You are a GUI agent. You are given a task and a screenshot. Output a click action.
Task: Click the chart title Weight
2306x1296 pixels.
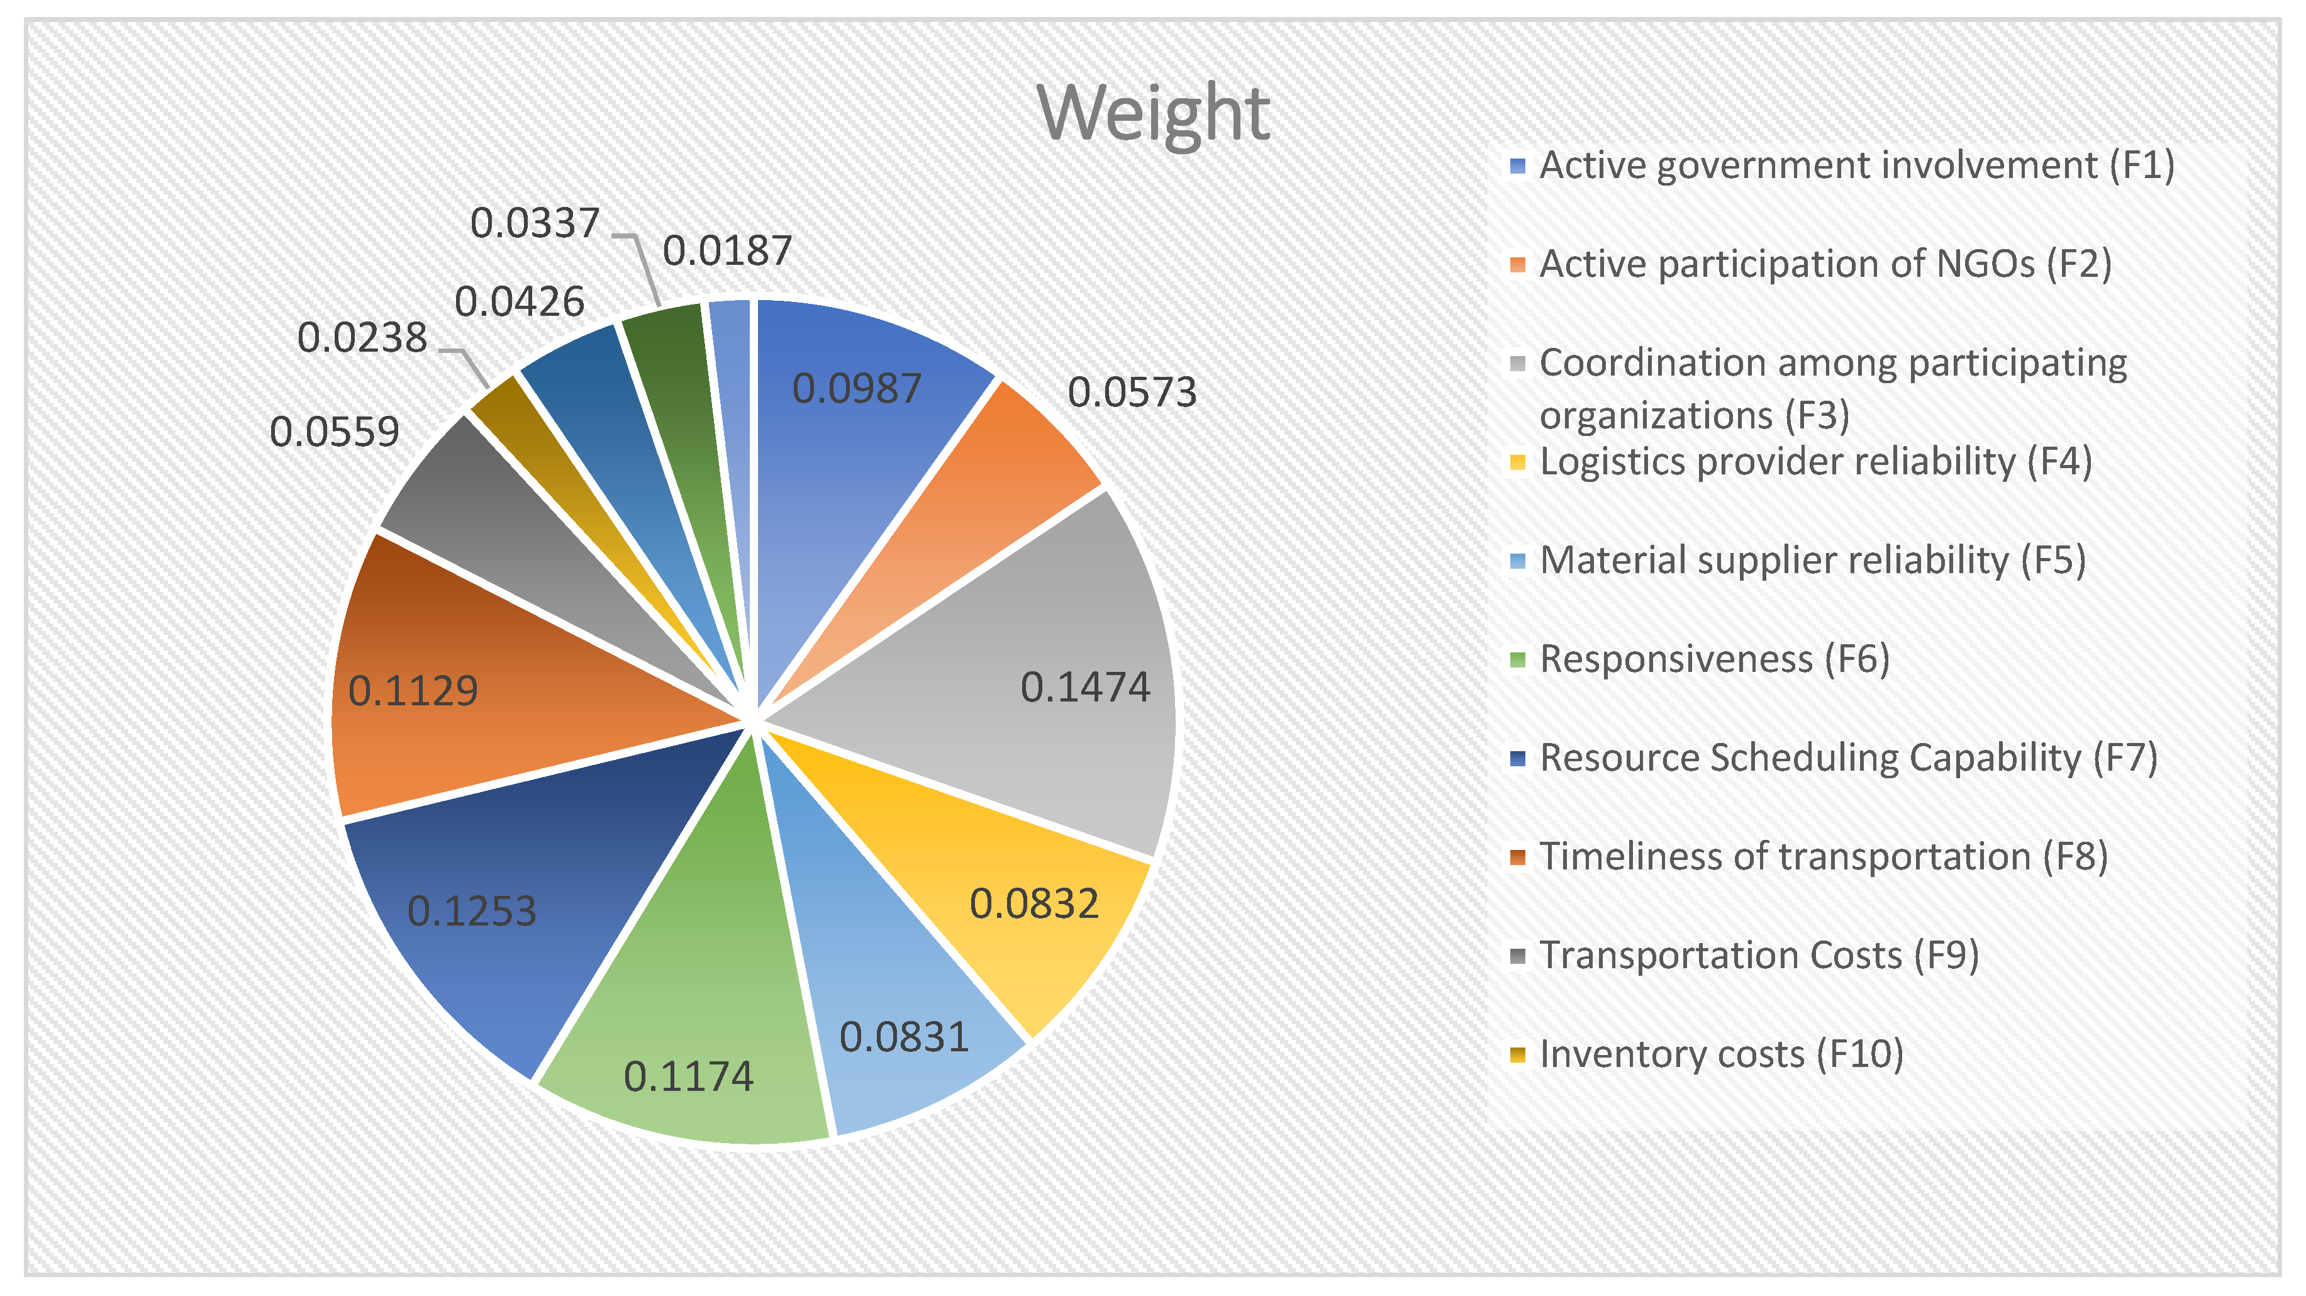click(1153, 114)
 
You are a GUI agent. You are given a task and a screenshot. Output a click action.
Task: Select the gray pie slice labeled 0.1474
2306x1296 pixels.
click(1030, 662)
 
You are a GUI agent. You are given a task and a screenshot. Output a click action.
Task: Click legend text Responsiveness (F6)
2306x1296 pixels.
click(1713, 659)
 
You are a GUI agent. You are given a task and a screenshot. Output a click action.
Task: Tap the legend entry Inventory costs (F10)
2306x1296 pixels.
click(1720, 1054)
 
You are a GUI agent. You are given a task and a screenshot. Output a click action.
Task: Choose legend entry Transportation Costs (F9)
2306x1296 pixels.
click(1758, 956)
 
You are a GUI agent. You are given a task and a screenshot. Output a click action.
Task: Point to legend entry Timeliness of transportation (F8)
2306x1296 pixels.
click(1823, 856)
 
